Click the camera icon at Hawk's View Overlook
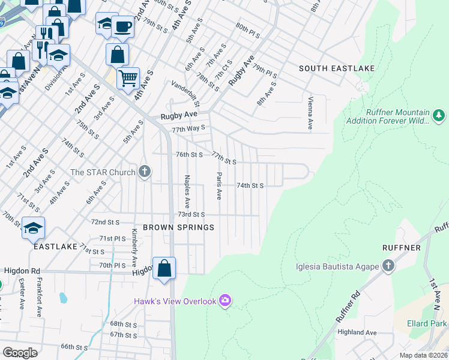pos(225,300)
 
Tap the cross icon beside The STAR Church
pos(144,172)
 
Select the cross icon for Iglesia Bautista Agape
pos(388,266)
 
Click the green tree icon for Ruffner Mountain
pos(439,114)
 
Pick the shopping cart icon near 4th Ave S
pos(128,77)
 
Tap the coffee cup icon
pos(122,28)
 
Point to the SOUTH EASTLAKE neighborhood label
pos(337,68)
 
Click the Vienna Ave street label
pos(310,113)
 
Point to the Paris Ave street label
pos(219,186)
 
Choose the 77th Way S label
pos(188,128)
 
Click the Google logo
pos(20,353)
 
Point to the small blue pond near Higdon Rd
pos(62,298)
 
